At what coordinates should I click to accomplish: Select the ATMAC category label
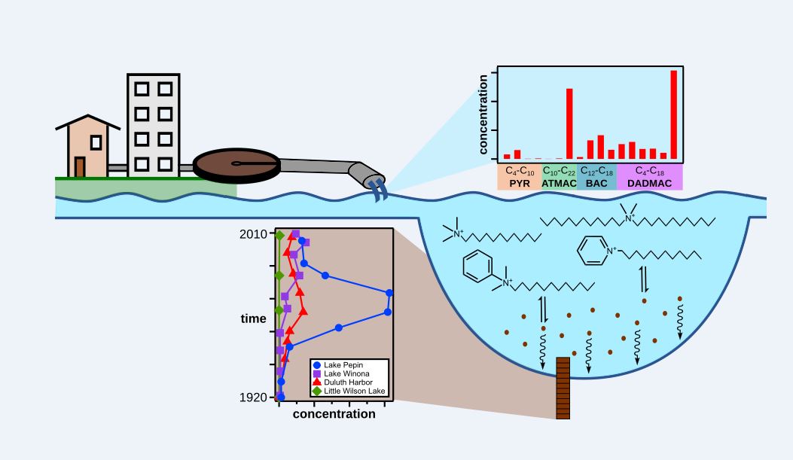point(559,183)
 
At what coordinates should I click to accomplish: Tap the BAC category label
point(596,183)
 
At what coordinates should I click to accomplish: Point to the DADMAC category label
point(649,183)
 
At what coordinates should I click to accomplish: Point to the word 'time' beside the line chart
point(253,318)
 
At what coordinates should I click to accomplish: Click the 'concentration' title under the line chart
point(334,414)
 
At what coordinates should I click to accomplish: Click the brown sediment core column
point(563,388)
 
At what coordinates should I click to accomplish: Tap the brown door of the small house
point(80,166)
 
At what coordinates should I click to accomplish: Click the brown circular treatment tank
point(236,163)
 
